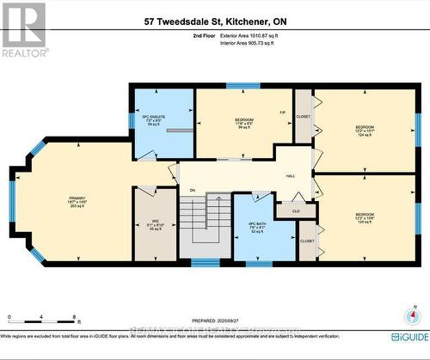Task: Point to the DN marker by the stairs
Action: pyautogui.click(x=192, y=190)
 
